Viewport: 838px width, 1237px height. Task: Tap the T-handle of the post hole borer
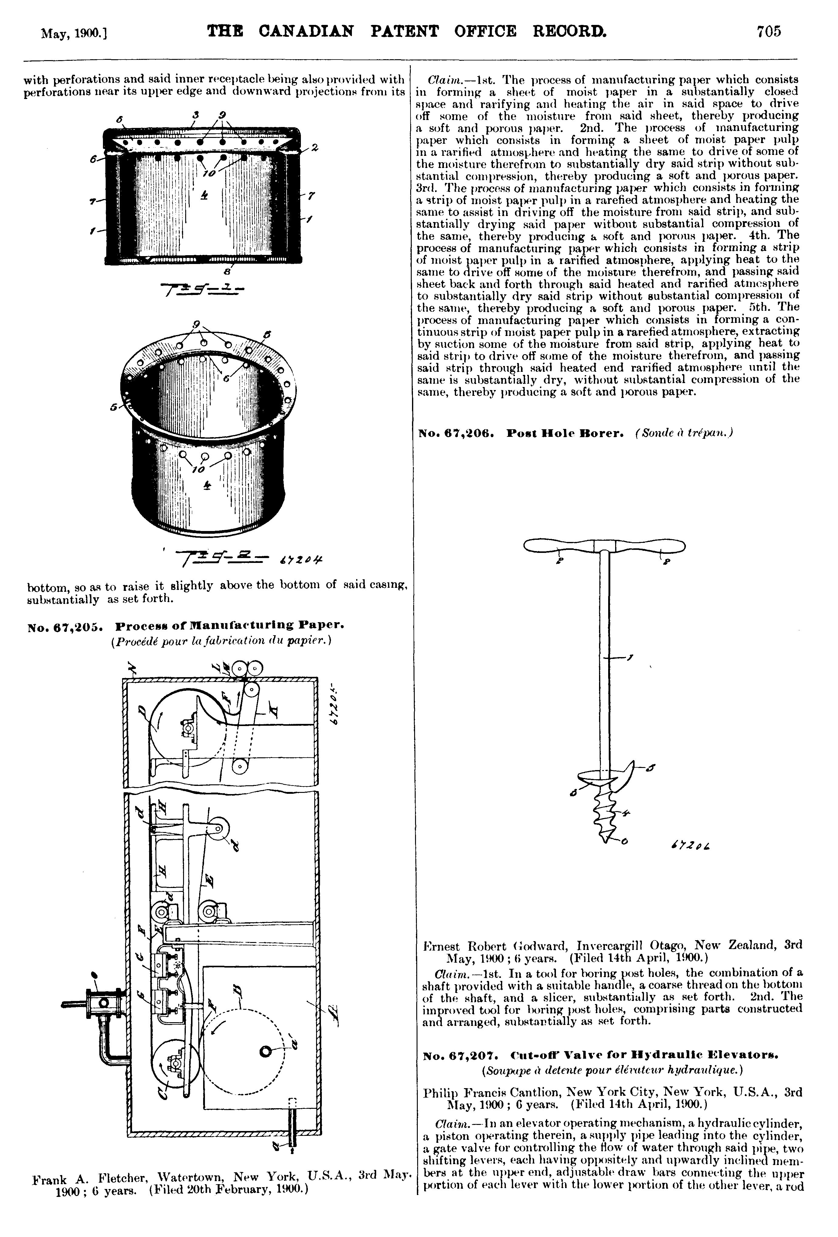pyautogui.click(x=605, y=546)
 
